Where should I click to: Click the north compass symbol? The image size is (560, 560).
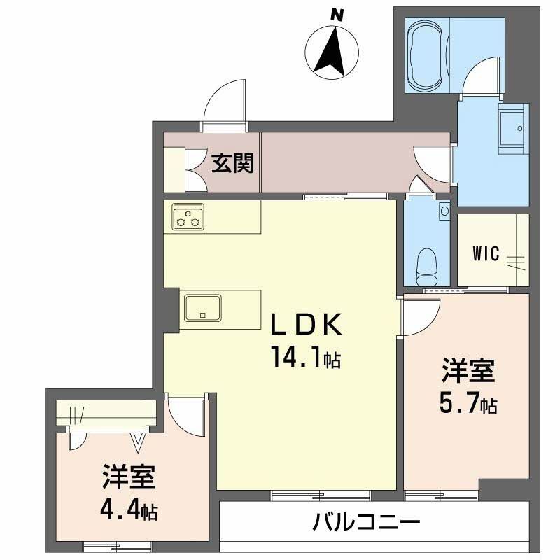[332, 50]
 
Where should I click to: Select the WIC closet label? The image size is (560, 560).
[486, 253]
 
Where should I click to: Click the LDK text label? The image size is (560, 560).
[307, 325]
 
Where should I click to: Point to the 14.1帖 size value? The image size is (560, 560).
[306, 359]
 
